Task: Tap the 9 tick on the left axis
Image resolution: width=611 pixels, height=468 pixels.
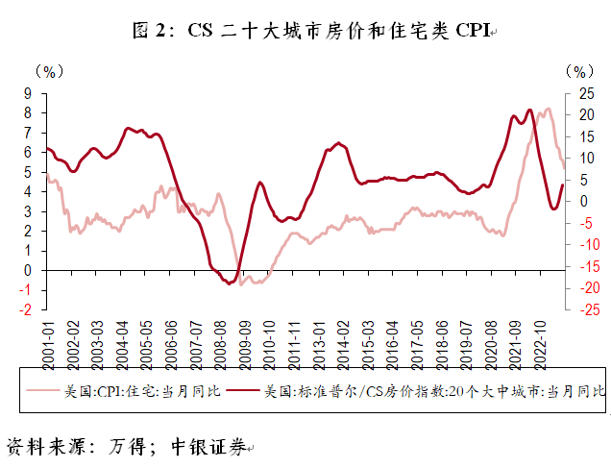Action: pos(30,93)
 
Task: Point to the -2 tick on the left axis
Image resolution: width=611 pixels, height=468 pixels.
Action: pos(28,309)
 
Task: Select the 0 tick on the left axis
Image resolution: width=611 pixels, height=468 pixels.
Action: pos(30,270)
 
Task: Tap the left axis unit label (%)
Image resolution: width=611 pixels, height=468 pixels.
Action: pos(48,71)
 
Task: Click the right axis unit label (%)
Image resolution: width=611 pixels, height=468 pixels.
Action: pos(578,71)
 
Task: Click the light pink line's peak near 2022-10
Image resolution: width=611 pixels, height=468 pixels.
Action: pos(549,109)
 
